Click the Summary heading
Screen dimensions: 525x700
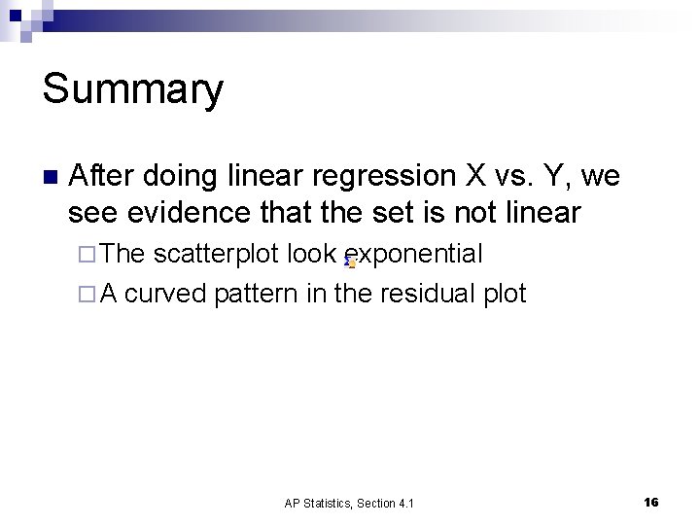point(133,89)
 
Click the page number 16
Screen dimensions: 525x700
point(650,502)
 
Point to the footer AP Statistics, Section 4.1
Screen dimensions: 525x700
point(349,503)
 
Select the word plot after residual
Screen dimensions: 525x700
point(505,293)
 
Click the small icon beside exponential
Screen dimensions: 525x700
point(351,262)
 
